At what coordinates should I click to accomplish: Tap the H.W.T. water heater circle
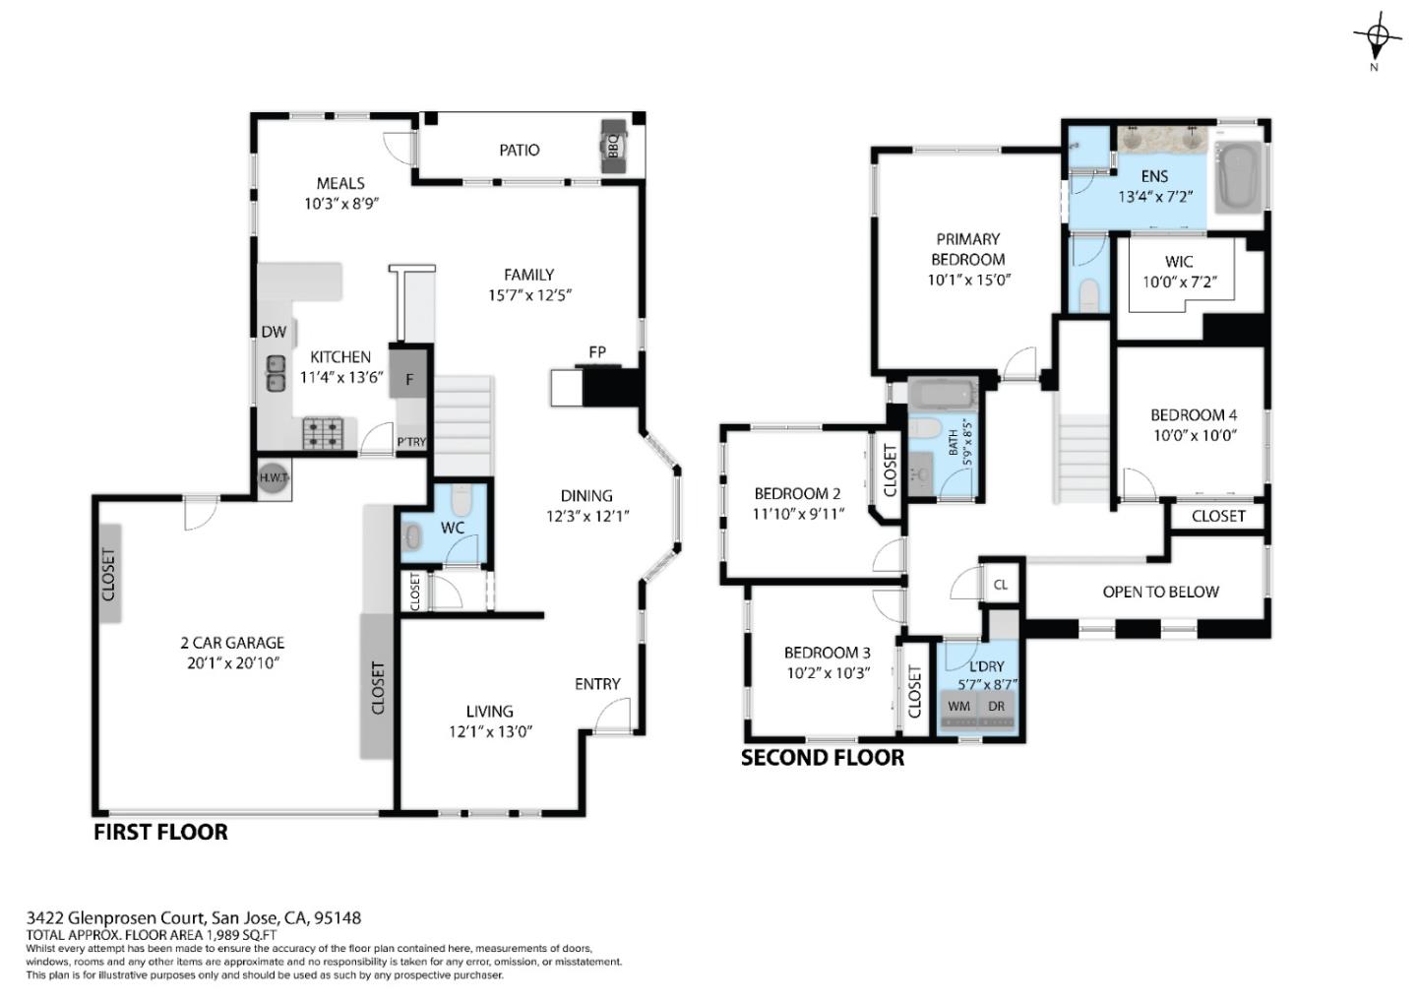point(273,477)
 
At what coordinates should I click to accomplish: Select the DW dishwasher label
point(274,333)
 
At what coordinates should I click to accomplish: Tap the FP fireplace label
point(596,351)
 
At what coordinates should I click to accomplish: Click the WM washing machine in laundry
point(959,707)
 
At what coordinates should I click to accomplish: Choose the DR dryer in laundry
point(997,707)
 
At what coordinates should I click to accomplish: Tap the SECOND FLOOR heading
point(822,757)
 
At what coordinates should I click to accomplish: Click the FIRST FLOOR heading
point(160,832)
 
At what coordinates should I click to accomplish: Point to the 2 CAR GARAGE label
point(232,643)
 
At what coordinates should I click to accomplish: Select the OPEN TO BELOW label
point(1160,592)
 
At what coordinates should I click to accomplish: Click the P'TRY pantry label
point(411,442)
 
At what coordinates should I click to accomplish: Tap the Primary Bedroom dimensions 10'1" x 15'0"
point(968,280)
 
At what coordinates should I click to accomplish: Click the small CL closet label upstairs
point(1001,585)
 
